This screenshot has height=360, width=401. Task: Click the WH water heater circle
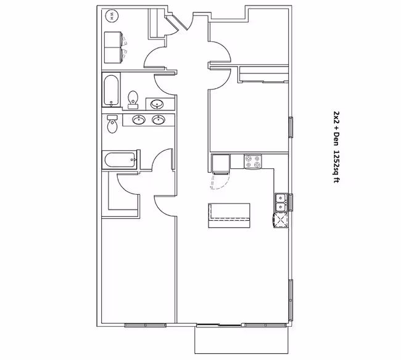pyautogui.click(x=112, y=17)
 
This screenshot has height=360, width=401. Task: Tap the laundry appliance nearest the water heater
pyautogui.click(x=113, y=39)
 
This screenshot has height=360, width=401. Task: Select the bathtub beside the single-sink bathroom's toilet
pyautogui.click(x=111, y=89)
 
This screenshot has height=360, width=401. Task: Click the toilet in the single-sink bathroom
pyautogui.click(x=133, y=100)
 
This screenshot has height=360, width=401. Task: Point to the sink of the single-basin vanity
pyautogui.click(x=157, y=104)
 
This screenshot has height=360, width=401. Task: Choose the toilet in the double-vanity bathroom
pyautogui.click(x=112, y=124)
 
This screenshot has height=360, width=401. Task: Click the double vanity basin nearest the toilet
pyautogui.click(x=139, y=120)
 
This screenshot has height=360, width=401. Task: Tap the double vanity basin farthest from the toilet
pyautogui.click(x=159, y=120)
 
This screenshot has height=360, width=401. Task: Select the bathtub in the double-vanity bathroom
pyautogui.click(x=120, y=160)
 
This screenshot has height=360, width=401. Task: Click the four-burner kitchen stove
pyautogui.click(x=253, y=162)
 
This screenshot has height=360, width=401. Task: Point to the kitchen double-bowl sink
pyautogui.click(x=281, y=202)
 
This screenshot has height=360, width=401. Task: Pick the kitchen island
pyautogui.click(x=229, y=215)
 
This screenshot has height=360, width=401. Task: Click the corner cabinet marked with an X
pyautogui.click(x=281, y=220)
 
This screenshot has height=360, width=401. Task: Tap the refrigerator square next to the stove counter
pyautogui.click(x=221, y=164)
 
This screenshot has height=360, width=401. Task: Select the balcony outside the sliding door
pyautogui.click(x=241, y=340)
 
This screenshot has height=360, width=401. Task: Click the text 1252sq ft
pyautogui.click(x=337, y=166)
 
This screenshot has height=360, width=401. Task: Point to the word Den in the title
pyautogui.click(x=337, y=139)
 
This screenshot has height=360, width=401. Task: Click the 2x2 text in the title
pyautogui.click(x=337, y=118)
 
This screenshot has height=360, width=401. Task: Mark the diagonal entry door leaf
pyautogui.click(x=177, y=22)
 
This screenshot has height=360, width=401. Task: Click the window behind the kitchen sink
pyautogui.click(x=291, y=202)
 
